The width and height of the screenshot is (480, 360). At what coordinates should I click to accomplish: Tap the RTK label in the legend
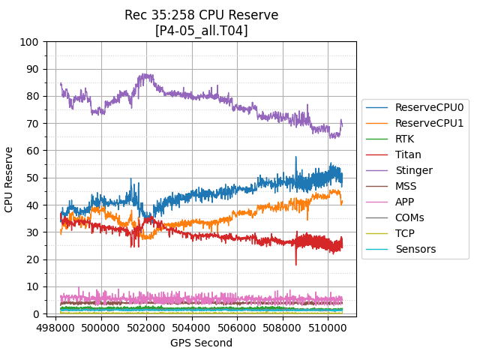(x=405, y=139)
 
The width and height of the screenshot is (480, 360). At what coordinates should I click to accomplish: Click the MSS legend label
(x=406, y=186)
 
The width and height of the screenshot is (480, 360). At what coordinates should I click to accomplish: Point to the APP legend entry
(x=405, y=202)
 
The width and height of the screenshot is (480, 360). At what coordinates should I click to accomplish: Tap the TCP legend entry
(x=405, y=233)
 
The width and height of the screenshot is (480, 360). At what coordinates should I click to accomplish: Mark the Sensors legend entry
(x=415, y=249)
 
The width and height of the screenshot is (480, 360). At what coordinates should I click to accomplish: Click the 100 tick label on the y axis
(x=29, y=42)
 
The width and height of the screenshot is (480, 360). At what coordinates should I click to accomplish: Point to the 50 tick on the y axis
(x=32, y=178)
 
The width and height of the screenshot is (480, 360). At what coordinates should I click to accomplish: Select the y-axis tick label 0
(x=35, y=314)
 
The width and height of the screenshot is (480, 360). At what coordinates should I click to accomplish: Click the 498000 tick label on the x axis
(x=56, y=328)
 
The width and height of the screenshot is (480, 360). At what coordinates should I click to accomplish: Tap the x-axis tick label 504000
(x=192, y=328)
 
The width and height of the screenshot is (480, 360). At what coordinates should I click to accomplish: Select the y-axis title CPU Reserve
(x=10, y=178)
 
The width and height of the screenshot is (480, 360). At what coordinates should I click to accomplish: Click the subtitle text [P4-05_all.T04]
(x=201, y=31)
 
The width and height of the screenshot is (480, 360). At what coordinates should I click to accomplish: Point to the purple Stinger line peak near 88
(x=145, y=75)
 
